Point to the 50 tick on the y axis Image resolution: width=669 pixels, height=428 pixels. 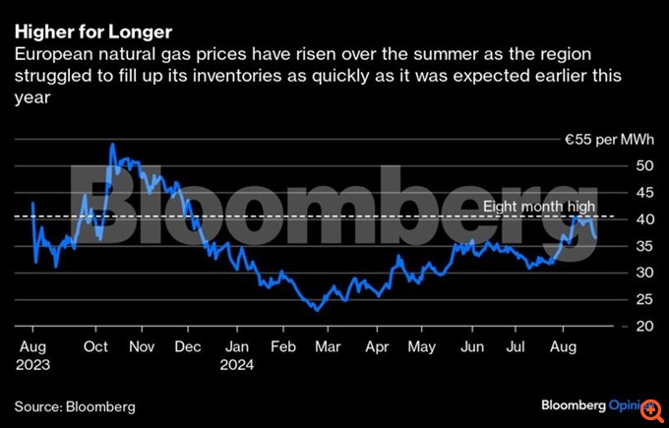pos(642,165)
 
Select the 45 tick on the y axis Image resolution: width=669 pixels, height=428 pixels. pos(642,192)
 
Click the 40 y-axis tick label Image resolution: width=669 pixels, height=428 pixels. pos(642,218)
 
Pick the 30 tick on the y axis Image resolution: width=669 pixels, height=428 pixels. pos(642,273)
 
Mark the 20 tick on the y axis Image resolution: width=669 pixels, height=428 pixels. pos(642,326)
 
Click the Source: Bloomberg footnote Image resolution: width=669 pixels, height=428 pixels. pos(75,405)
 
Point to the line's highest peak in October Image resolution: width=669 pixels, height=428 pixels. pos(112,144)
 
